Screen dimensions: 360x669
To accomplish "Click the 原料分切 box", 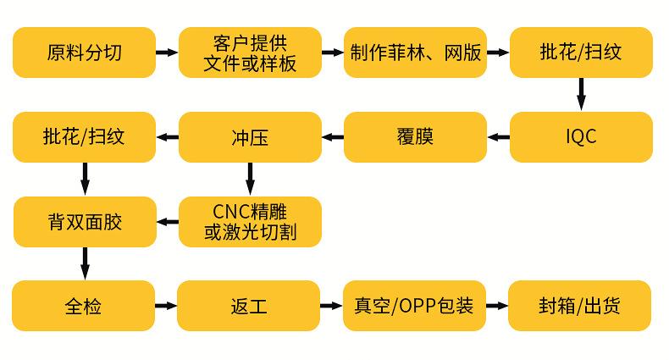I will [x=85, y=53].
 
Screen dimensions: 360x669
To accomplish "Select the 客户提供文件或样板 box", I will [x=251, y=53].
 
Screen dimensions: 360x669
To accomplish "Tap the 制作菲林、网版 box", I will [x=416, y=53].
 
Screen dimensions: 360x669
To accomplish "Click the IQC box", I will [x=581, y=136].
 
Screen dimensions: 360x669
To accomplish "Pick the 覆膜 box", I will [x=416, y=136].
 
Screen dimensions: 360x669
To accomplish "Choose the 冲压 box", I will [x=251, y=136].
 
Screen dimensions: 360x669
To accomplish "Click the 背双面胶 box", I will [x=85, y=222].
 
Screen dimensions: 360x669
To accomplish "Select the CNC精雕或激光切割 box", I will [x=251, y=222].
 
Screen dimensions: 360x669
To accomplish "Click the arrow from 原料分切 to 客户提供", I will [x=168, y=53].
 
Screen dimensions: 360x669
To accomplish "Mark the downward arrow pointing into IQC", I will [x=581, y=94].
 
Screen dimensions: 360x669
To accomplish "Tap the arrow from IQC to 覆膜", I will [x=498, y=136].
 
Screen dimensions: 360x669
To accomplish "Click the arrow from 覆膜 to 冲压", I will [x=333, y=136].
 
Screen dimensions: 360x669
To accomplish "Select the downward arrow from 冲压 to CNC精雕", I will [x=251, y=179].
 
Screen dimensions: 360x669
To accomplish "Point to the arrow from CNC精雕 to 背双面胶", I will [x=168, y=222].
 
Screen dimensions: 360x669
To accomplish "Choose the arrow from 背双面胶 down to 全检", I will [x=85, y=263].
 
